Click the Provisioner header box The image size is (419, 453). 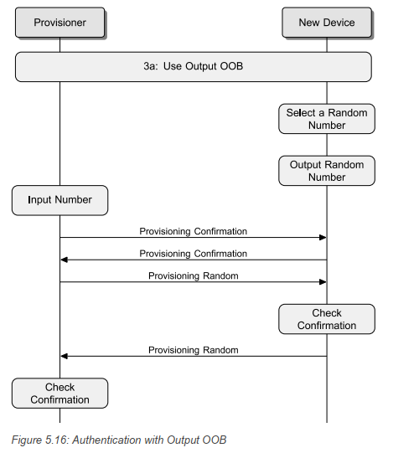59,23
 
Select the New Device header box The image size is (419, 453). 327,23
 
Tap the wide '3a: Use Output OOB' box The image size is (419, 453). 193,66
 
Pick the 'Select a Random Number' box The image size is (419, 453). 327,119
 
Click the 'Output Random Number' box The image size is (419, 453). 327,171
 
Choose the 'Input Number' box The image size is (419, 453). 59,200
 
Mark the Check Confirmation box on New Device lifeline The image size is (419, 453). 327,319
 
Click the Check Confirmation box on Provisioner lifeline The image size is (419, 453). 59,394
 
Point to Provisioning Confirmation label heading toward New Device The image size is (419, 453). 193,230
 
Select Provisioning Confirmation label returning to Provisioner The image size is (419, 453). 193,253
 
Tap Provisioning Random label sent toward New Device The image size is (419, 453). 193,275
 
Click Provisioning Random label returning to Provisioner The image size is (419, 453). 193,349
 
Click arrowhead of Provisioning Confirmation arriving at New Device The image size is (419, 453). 322,238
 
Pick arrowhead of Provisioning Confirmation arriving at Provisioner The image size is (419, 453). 65,260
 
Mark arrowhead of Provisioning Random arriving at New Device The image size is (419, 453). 322,282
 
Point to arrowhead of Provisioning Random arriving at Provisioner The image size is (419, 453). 65,356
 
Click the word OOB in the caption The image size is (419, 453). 215,440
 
